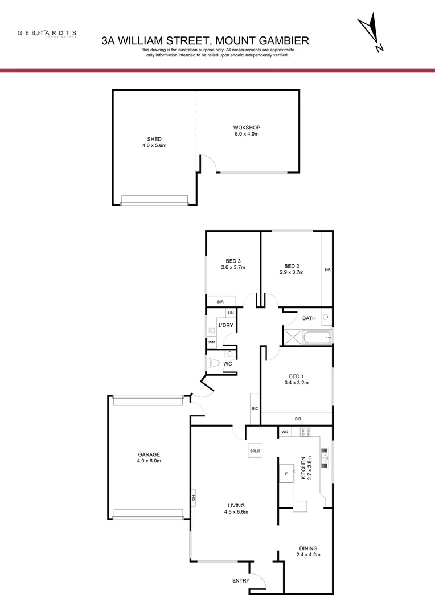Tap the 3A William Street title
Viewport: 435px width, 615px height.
click(x=205, y=40)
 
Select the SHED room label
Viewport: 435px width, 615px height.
click(x=154, y=140)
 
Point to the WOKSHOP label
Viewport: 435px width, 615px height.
click(x=247, y=128)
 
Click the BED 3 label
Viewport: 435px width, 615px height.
click(x=233, y=261)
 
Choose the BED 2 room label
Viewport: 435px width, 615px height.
click(x=292, y=266)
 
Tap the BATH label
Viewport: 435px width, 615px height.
click(x=309, y=318)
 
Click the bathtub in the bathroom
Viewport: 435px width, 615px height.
click(x=317, y=338)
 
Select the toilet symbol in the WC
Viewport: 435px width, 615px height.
click(x=214, y=363)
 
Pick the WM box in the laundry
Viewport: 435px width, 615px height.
click(x=212, y=342)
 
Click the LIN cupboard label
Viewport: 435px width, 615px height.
click(x=231, y=313)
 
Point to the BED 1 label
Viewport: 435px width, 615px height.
click(x=297, y=376)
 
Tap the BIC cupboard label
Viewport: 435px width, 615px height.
click(x=255, y=409)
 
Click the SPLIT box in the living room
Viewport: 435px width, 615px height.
click(x=255, y=451)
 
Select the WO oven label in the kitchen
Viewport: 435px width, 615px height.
click(x=285, y=432)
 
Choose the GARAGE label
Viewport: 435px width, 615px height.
click(x=149, y=454)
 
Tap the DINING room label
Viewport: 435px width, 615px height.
click(x=306, y=548)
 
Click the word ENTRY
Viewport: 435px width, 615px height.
click(x=241, y=581)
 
